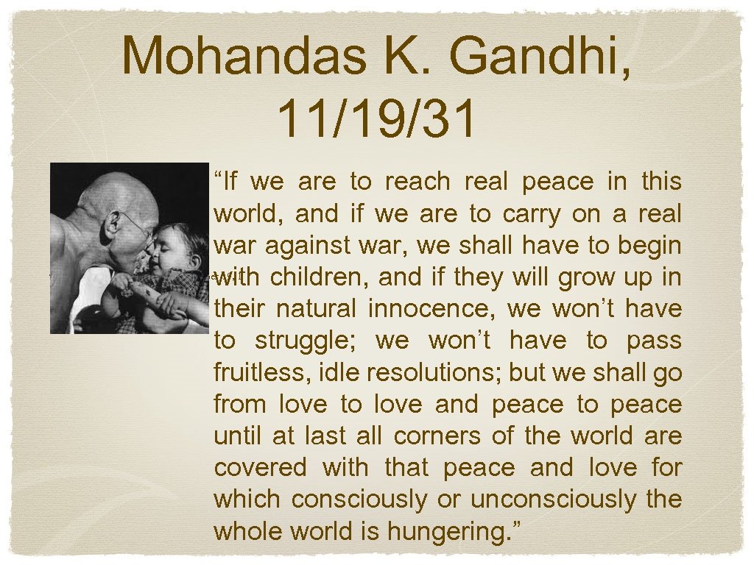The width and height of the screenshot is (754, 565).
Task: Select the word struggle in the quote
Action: [x=308, y=341]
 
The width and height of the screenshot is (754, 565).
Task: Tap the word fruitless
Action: [x=262, y=373]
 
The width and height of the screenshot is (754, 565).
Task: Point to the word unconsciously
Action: [x=554, y=500]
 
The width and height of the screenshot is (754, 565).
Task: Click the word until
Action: [x=238, y=436]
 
